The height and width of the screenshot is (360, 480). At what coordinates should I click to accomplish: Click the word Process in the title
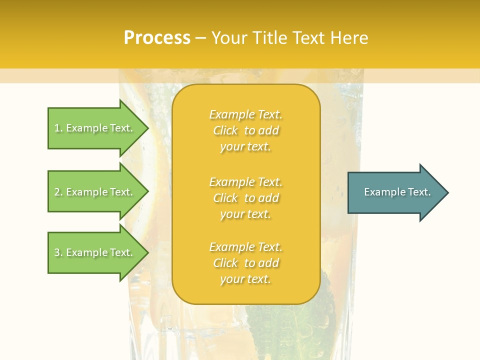tap(157, 38)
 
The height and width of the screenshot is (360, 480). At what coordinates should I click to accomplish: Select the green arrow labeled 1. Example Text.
tap(95, 128)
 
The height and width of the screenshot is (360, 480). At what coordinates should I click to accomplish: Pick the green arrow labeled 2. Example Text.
tap(95, 192)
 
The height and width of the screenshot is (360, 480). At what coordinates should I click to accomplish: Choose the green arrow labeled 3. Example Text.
tap(95, 252)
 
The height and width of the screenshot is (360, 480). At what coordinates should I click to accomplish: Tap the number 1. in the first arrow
tap(58, 128)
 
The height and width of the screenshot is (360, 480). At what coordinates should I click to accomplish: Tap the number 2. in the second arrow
tap(58, 192)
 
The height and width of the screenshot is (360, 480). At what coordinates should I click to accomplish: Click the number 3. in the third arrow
tap(58, 252)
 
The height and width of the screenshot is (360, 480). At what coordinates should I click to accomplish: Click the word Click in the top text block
tap(225, 130)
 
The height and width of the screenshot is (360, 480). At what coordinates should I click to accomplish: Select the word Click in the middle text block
tap(225, 198)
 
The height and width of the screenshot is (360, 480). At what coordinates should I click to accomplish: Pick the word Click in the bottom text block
tap(225, 263)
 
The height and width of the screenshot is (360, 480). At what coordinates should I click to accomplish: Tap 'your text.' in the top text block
tap(245, 147)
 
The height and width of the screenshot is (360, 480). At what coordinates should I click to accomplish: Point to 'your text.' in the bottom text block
tap(245, 279)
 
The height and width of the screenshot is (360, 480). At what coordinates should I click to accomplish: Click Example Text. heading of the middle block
tap(245, 181)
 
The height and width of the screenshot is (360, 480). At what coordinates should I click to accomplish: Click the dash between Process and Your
tap(200, 38)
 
